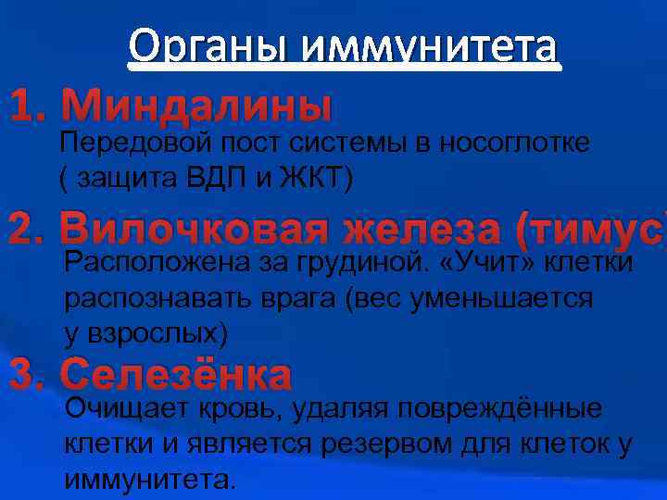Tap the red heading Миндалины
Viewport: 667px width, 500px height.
(195, 108)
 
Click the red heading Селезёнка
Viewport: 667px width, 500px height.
(176, 375)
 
